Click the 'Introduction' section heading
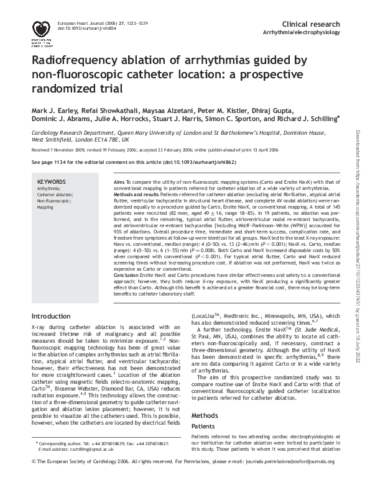click(54, 315)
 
